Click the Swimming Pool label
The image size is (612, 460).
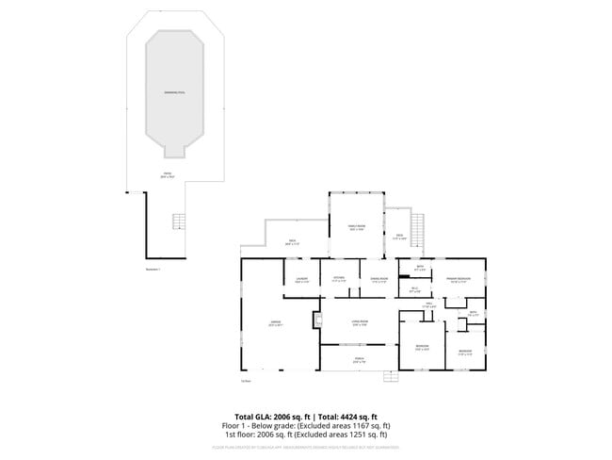174,92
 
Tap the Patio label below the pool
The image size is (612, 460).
167,175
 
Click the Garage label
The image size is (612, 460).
276,323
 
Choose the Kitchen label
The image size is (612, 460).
339,279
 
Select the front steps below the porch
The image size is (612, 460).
392,378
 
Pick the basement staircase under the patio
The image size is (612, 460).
176,222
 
